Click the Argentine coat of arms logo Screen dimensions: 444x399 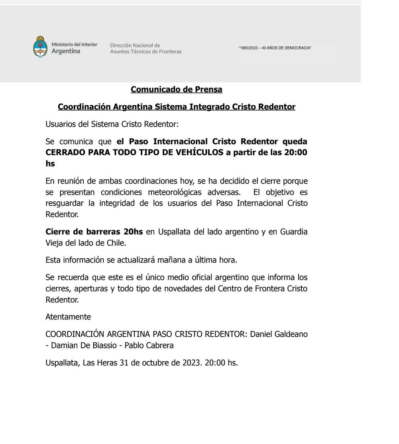pyautogui.click(x=39, y=47)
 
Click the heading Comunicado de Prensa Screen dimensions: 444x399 pyautogui.click(x=176, y=89)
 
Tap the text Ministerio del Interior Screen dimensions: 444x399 pyautogui.click(x=74, y=44)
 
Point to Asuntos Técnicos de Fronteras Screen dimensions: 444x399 pyautogui.click(x=145, y=51)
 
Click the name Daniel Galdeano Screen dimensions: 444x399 pyautogui.click(x=279, y=334)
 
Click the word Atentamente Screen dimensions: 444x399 pyautogui.click(x=68, y=317)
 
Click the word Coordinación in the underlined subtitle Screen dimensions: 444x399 pyautogui.click(x=84, y=107)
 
